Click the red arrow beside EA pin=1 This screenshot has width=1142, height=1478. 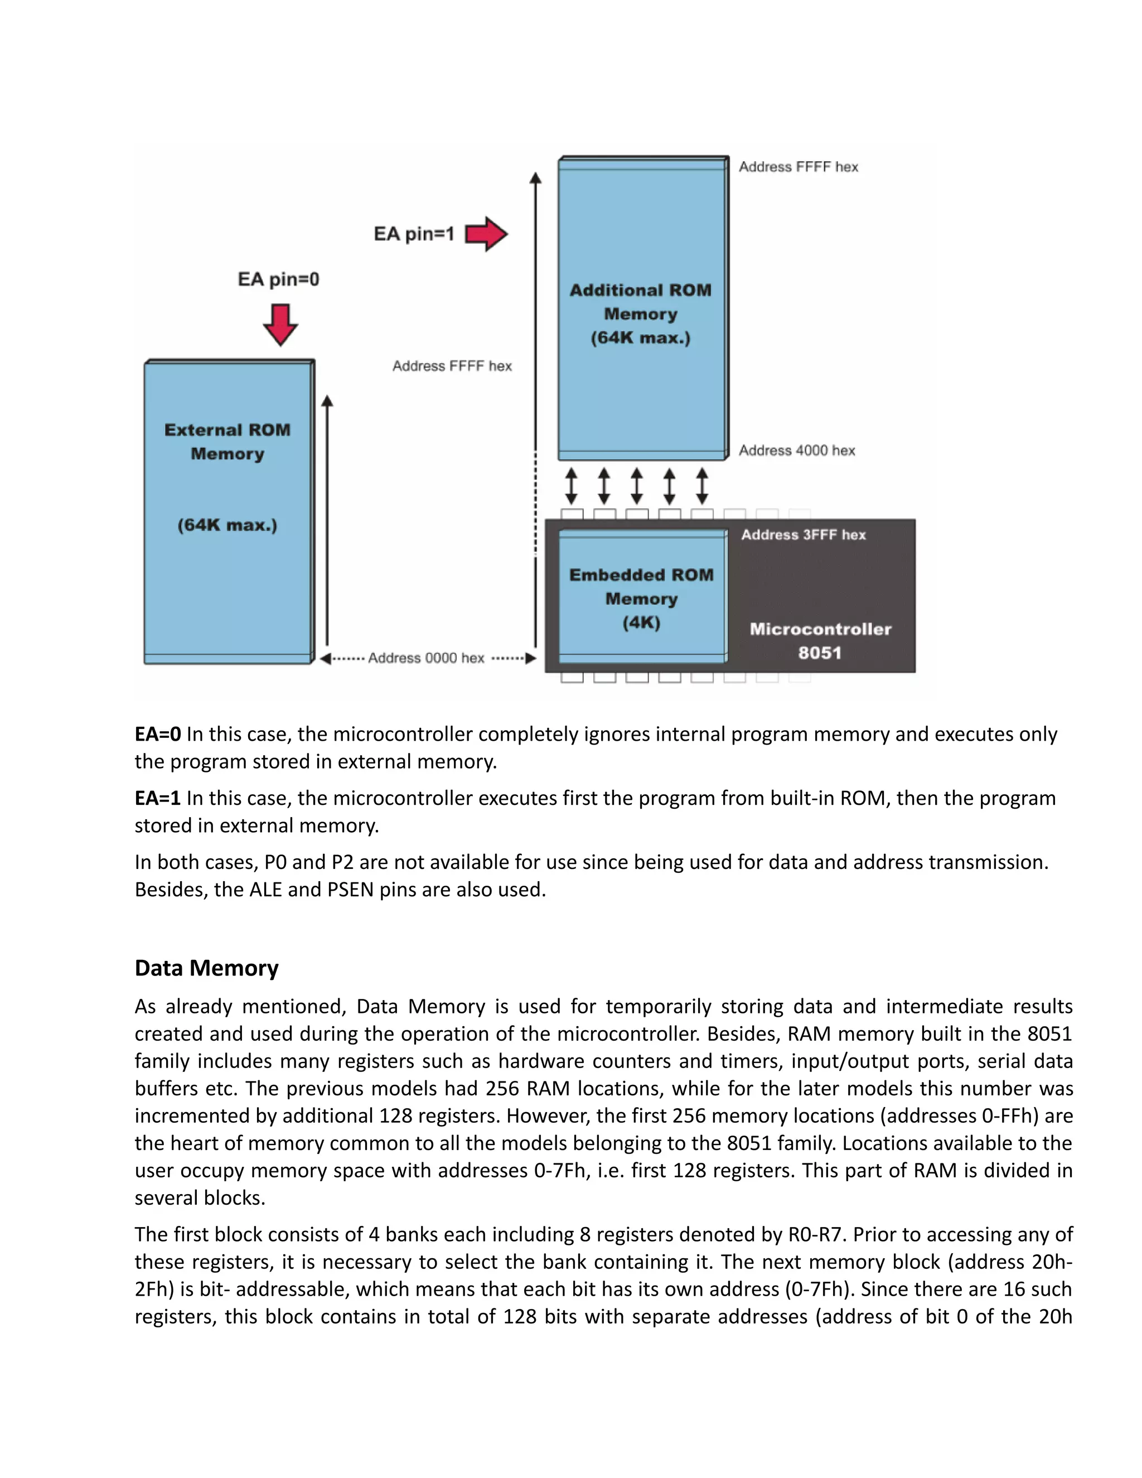point(486,234)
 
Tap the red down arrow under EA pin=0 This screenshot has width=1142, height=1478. point(280,324)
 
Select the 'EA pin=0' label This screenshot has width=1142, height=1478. point(278,279)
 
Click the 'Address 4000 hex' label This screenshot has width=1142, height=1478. point(796,451)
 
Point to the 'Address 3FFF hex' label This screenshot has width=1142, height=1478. point(803,535)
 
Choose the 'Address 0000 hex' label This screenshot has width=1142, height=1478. point(426,658)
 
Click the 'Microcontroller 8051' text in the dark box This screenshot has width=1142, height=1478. point(820,641)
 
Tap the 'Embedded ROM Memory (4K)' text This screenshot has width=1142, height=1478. point(641,598)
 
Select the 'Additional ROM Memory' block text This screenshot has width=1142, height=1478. point(641,302)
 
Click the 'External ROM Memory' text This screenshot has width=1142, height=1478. point(228,441)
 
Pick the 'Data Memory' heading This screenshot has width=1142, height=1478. point(206,968)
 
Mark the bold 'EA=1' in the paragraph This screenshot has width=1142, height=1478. point(158,799)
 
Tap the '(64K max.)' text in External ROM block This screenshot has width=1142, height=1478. point(228,525)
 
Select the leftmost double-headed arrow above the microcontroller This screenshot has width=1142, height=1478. point(572,486)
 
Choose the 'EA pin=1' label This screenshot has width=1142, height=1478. point(413,234)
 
